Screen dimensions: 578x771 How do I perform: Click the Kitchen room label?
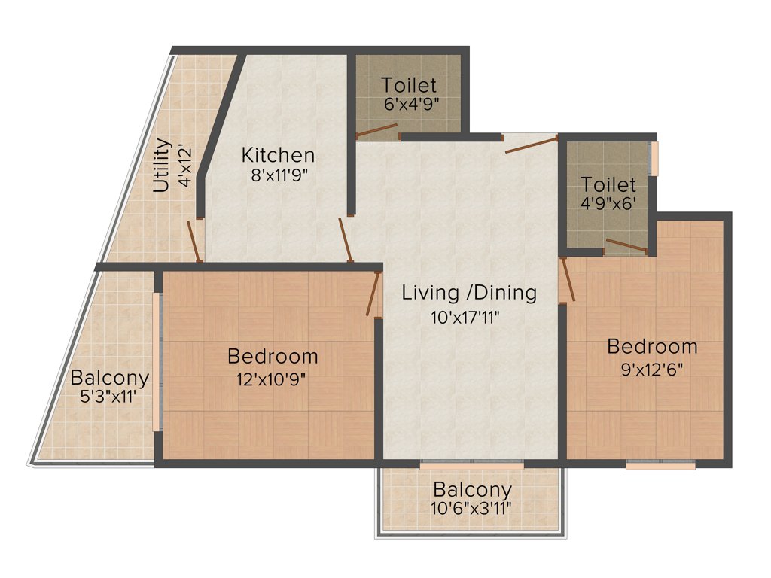point(278,156)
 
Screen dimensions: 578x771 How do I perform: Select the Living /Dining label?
point(469,293)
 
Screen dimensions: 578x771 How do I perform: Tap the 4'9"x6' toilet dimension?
point(608,204)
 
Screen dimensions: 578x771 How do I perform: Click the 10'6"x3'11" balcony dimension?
point(471,508)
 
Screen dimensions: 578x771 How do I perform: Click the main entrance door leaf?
point(531,144)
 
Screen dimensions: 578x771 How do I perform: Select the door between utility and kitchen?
point(194,241)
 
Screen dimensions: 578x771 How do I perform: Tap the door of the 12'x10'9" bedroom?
point(373,293)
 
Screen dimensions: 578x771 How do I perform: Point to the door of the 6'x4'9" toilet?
point(377,132)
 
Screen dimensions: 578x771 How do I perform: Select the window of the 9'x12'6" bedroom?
point(660,466)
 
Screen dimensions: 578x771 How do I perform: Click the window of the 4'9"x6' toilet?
point(654,158)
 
